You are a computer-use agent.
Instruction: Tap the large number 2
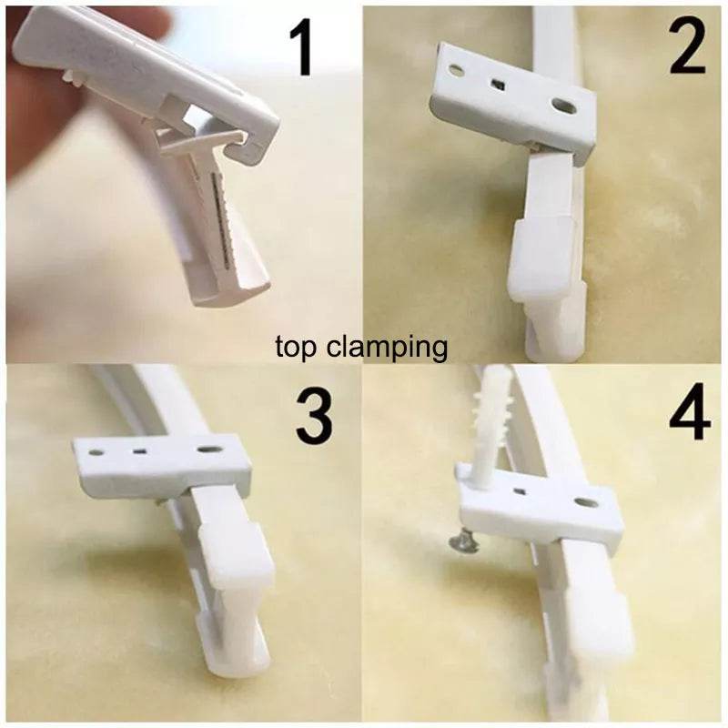688,47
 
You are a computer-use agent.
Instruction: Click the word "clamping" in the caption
388,348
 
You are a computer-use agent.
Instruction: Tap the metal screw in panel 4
463,543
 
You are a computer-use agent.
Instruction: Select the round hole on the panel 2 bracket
457,71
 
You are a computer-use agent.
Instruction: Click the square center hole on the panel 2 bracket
499,85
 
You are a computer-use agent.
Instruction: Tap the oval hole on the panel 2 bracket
564,106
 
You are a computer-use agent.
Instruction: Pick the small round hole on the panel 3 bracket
97,451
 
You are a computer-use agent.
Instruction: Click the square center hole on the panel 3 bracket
139,450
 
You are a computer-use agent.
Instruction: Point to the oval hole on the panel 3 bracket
208,450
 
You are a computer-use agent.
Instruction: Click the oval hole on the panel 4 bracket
585,502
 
